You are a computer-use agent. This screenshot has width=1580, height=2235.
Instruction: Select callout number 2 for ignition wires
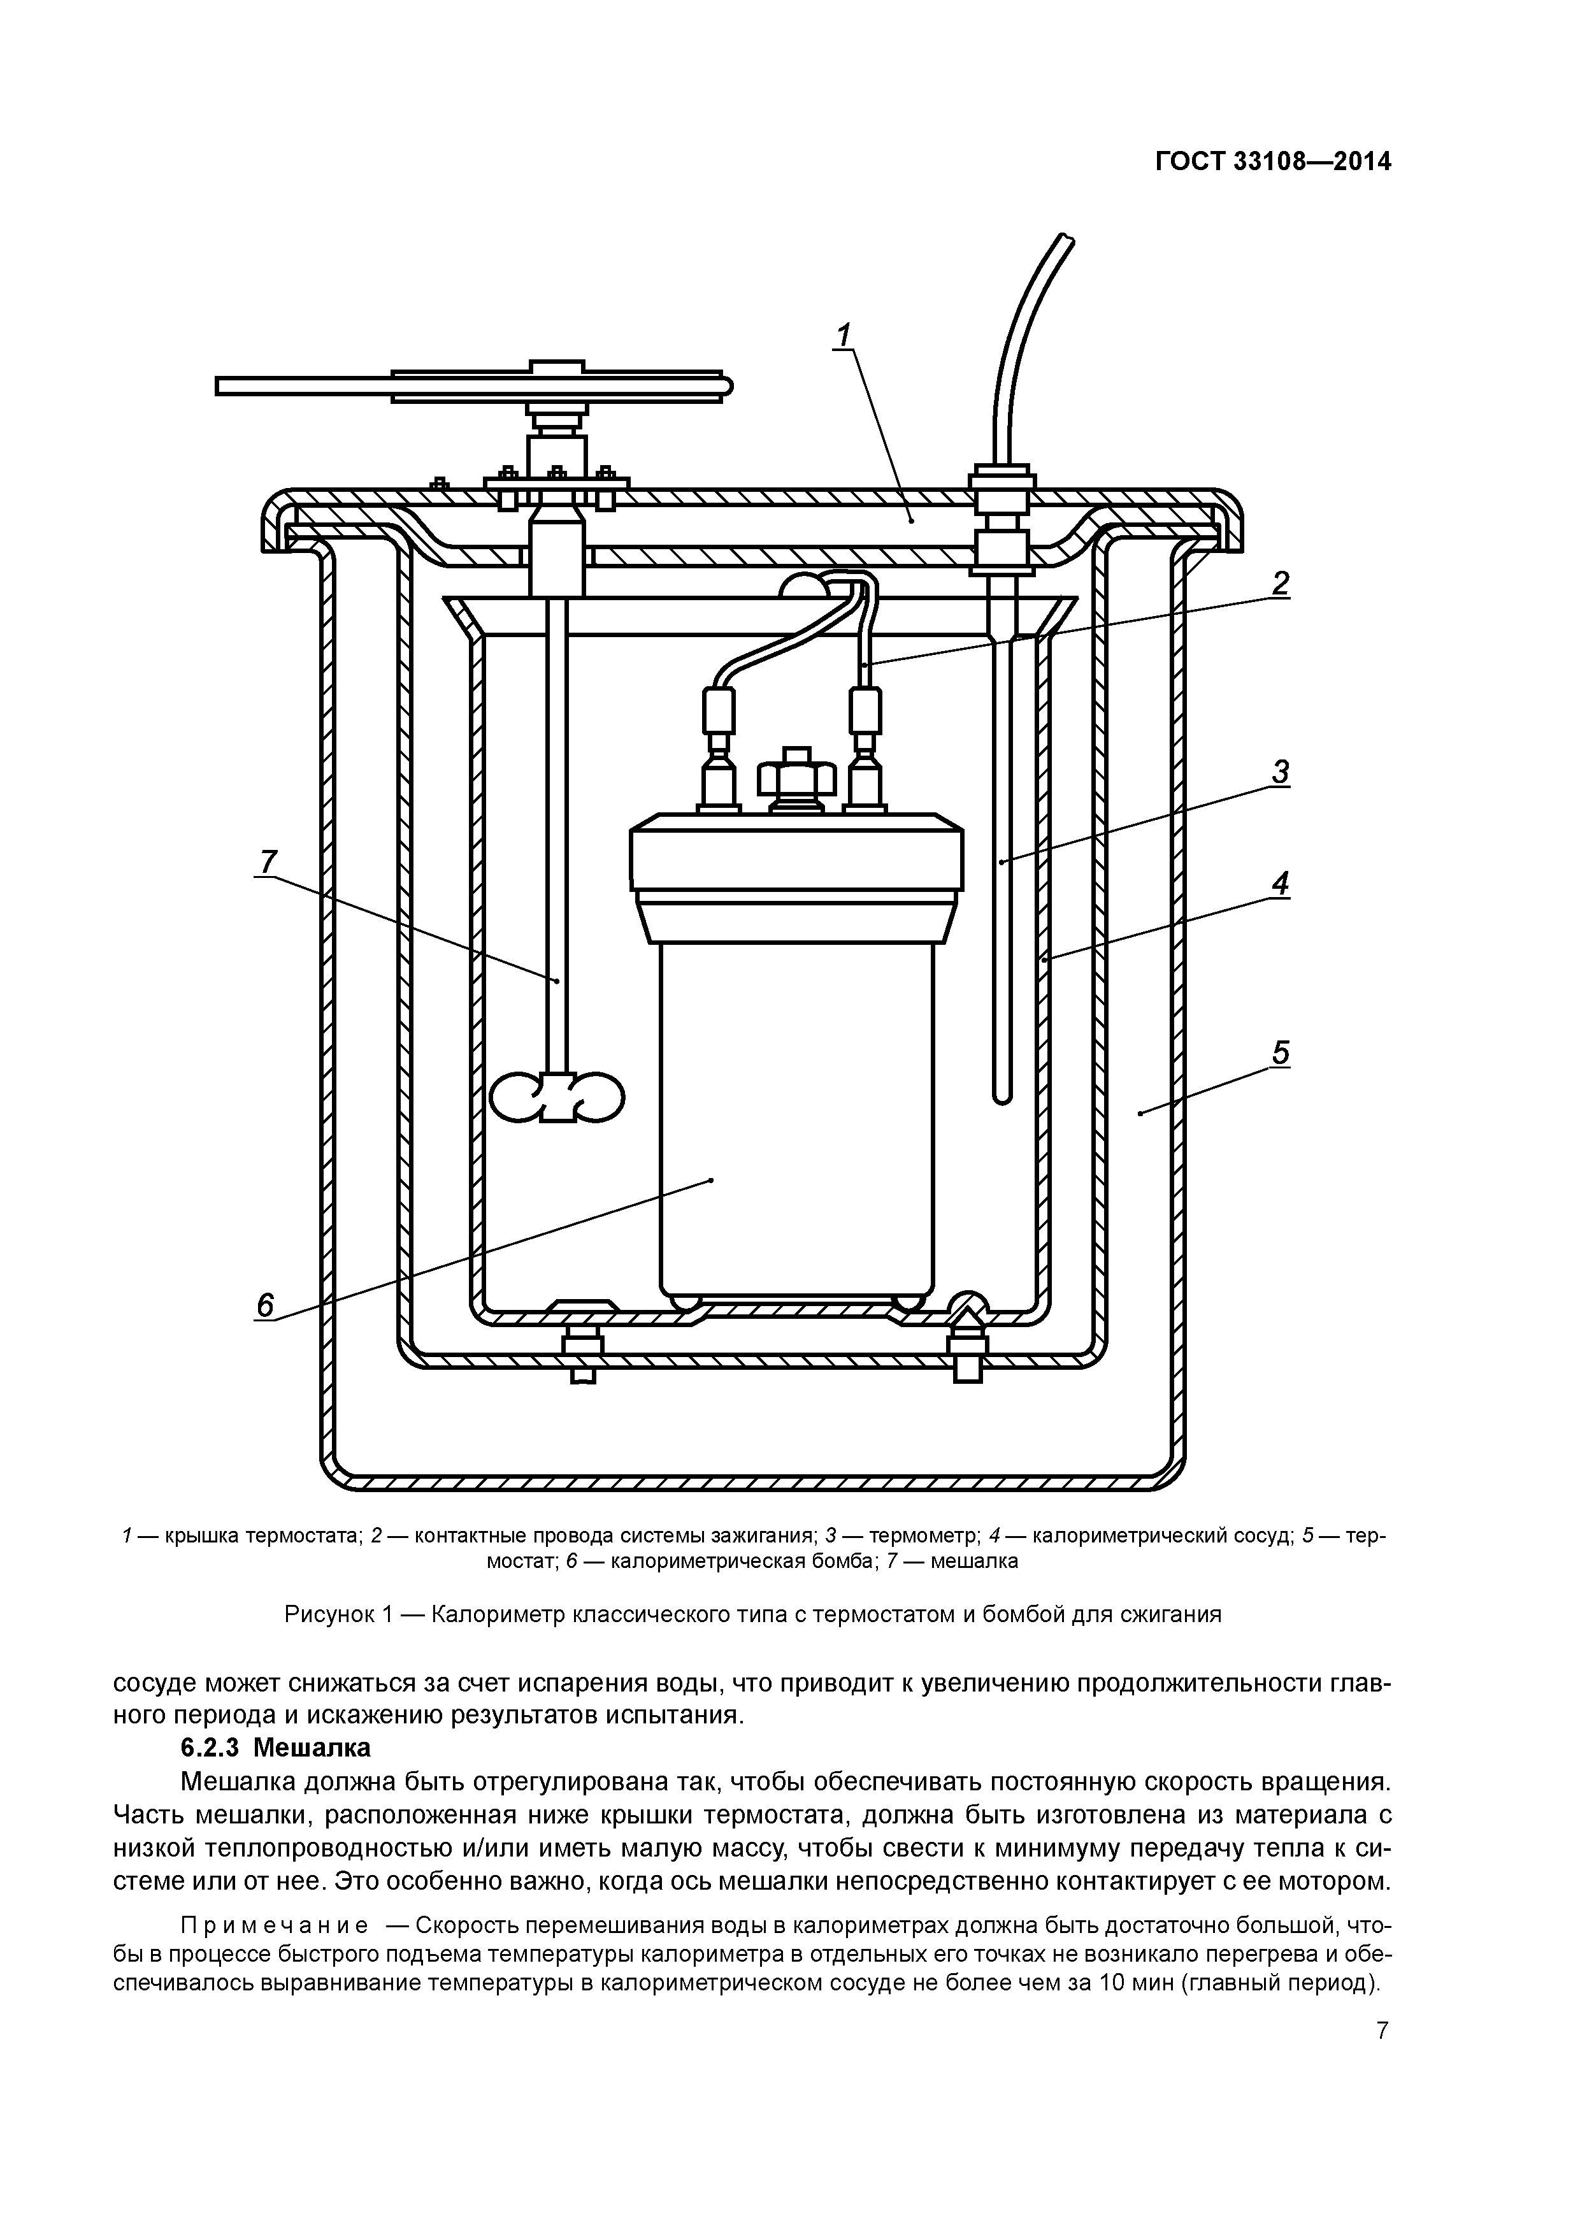pos(1280,583)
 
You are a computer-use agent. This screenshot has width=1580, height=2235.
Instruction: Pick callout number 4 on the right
pos(1280,884)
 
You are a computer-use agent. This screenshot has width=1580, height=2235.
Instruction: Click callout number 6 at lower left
pos(265,1304)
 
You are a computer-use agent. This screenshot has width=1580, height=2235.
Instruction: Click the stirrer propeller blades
pos(557,1097)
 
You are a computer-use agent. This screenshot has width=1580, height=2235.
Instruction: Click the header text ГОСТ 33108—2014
pos(1272,162)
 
